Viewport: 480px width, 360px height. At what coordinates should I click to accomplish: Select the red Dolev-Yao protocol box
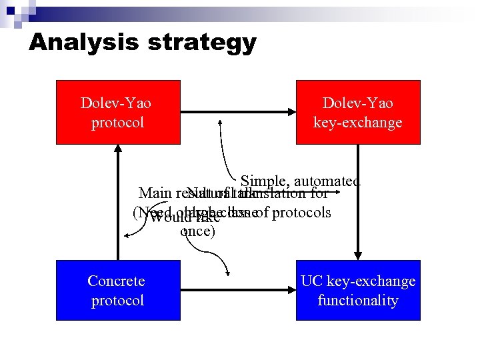pos(118,112)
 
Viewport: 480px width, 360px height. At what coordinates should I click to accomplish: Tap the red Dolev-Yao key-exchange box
pos(358,112)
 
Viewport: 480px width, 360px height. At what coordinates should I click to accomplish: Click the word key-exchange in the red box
pos(358,123)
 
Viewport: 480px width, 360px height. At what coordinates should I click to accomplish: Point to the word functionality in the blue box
pos(358,301)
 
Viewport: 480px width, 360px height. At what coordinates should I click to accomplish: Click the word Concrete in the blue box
pos(116,281)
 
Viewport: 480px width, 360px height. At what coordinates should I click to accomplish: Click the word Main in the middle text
pos(155,194)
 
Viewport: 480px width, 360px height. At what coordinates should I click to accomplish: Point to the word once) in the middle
pos(197,232)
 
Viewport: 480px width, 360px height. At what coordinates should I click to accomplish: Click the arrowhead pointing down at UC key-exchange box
pos(358,255)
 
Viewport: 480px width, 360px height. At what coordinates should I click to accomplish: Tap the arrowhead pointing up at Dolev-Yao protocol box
pos(118,150)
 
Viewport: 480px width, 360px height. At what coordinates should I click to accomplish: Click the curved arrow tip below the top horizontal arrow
pos(217,120)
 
